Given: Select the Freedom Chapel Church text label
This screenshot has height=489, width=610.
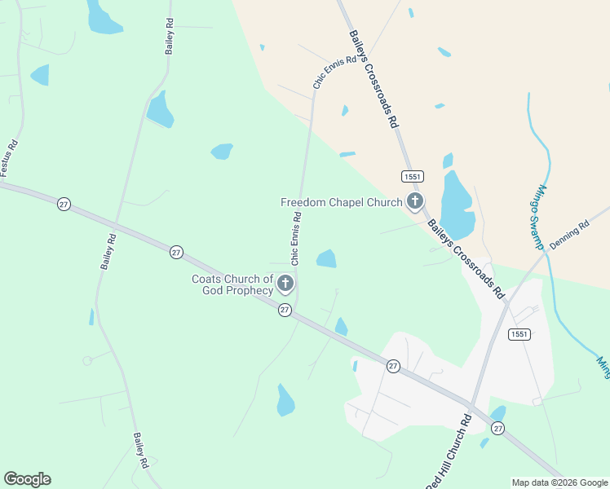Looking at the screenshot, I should click(x=341, y=202).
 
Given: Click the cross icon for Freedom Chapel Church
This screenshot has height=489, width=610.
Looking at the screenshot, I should click(x=415, y=201).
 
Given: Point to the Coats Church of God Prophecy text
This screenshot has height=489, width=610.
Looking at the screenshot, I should click(x=232, y=284).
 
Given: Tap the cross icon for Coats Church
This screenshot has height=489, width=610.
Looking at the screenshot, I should click(x=285, y=284).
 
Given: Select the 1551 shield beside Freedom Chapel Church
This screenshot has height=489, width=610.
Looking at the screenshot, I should click(x=412, y=176).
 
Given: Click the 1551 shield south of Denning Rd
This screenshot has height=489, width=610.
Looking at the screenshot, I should click(x=519, y=334).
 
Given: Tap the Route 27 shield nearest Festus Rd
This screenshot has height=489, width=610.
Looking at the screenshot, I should click(x=64, y=203).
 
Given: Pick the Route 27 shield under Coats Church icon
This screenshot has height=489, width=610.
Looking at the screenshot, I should click(x=284, y=310).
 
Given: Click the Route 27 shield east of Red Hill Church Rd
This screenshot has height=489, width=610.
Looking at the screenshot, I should click(x=497, y=428).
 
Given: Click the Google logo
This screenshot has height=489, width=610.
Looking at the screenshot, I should click(x=27, y=479).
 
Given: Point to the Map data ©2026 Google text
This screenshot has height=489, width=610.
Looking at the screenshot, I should click(x=559, y=482).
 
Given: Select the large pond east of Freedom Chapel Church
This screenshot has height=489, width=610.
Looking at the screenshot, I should click(x=457, y=204).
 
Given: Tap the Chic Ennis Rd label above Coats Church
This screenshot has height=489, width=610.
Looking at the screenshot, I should click(x=297, y=238).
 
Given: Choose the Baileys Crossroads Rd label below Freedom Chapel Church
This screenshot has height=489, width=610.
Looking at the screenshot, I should click(x=466, y=262).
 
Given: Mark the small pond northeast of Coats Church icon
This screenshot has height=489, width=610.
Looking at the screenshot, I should click(x=326, y=259).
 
